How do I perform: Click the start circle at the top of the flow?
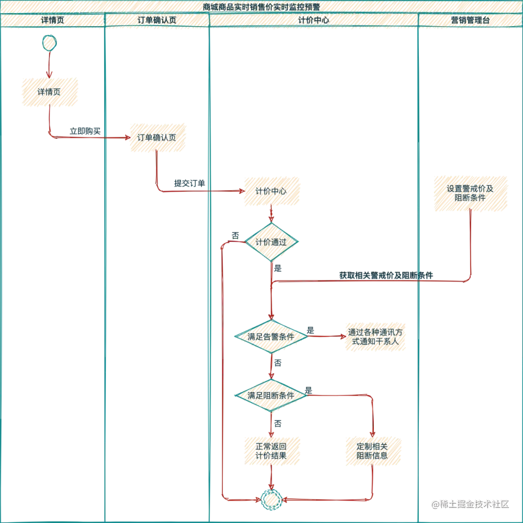click(49, 43)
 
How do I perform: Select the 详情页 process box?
click(49, 92)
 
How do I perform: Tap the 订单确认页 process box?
click(157, 137)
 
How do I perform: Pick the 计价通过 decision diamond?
click(271, 242)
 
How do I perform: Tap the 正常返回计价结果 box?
click(271, 451)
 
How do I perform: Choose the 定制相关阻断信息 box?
click(372, 451)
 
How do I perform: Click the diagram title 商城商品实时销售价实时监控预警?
click(261, 7)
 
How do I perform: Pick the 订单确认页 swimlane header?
click(156, 20)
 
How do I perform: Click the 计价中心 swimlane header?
click(313, 20)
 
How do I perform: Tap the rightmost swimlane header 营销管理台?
click(470, 20)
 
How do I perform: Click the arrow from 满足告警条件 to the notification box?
click(324, 336)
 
